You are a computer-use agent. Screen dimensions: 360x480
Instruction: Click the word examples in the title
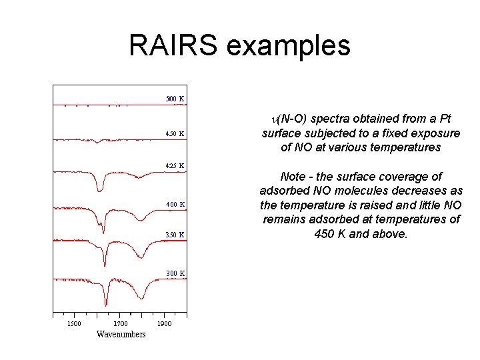coord(289,45)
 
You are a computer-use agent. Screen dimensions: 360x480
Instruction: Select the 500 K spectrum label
coord(175,99)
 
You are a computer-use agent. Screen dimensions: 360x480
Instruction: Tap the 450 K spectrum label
coord(175,133)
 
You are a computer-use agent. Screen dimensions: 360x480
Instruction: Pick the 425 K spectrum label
coord(175,165)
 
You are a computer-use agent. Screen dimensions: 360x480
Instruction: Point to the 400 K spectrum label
coord(175,204)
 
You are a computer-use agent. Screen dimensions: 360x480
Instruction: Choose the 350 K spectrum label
coord(175,235)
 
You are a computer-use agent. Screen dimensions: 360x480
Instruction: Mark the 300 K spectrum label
coord(175,273)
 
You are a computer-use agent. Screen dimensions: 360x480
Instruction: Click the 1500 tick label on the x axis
coord(74,324)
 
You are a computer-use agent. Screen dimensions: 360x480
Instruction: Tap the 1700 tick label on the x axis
coord(121,324)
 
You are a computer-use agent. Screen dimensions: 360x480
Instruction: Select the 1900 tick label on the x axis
coord(164,324)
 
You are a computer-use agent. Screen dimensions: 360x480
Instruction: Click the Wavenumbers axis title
coord(121,334)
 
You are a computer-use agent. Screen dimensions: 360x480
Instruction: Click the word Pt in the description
coord(444,119)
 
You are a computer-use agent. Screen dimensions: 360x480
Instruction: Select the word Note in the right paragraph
coord(293,177)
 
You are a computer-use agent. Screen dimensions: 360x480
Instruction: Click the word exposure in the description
coord(435,133)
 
